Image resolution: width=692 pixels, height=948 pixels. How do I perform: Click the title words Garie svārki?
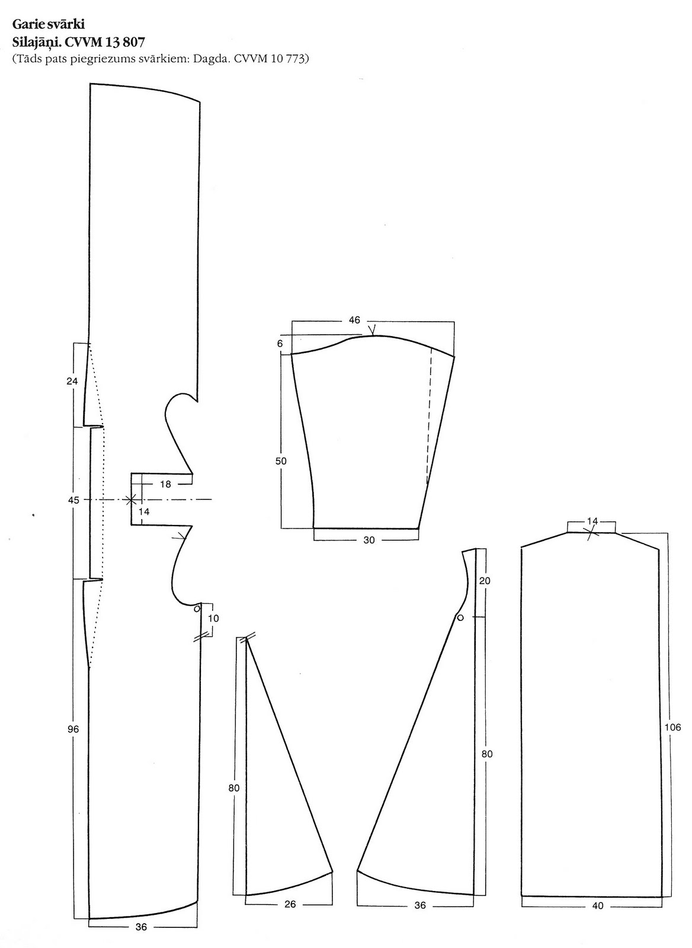coord(49,24)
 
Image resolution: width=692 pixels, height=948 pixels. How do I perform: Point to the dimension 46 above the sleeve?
coord(354,320)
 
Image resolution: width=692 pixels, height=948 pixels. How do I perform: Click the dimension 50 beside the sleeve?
coord(281,462)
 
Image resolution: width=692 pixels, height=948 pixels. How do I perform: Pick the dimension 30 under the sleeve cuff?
coord(369,540)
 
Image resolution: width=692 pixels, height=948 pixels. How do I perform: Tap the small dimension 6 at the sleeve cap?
coord(280,344)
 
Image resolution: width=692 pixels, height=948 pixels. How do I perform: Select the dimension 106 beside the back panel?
coord(672,727)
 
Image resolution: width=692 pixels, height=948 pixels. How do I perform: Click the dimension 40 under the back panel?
coord(598,906)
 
